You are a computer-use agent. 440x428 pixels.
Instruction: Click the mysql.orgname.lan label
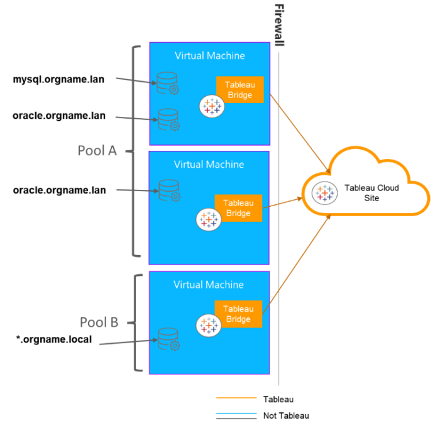tap(59, 79)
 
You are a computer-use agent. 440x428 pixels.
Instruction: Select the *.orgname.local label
tap(54, 340)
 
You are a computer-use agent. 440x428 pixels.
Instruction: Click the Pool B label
tap(99, 322)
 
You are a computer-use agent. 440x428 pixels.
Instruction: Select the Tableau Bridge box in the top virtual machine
tap(239, 89)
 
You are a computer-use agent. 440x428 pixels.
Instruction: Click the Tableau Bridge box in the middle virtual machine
tap(238, 208)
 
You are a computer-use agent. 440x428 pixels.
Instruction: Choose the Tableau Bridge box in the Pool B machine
tap(238, 314)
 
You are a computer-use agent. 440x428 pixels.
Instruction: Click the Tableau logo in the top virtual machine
tap(212, 106)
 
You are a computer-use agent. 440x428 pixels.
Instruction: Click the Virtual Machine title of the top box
tap(209, 55)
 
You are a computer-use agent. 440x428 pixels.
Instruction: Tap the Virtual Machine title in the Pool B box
tap(209, 285)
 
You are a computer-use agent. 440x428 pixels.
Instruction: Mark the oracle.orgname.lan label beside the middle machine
tap(59, 190)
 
